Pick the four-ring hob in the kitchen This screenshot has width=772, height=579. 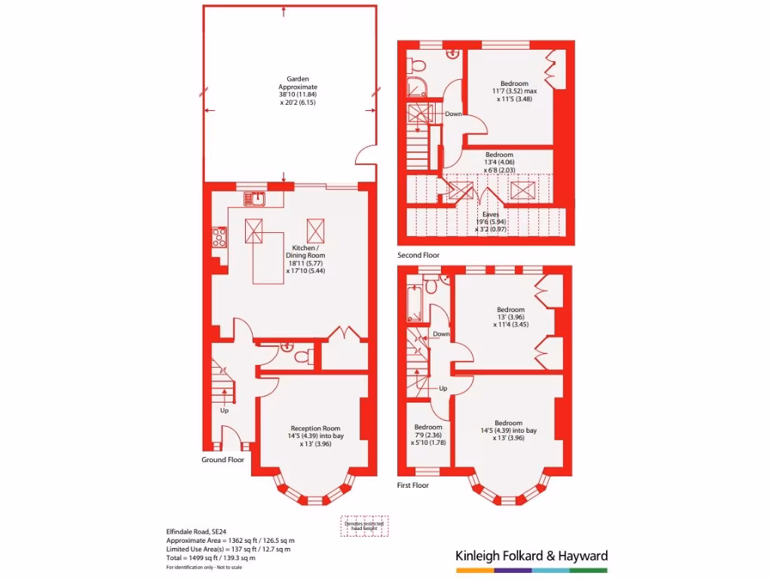click(219, 237)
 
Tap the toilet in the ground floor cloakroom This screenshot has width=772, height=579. click(302, 356)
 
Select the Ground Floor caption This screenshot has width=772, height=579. click(222, 459)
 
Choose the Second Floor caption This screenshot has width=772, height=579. click(418, 256)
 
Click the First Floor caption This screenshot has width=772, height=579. click(412, 485)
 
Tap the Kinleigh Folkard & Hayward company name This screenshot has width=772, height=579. click(531, 556)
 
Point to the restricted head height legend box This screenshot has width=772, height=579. click(364, 525)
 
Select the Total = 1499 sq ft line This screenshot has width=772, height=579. click(210, 558)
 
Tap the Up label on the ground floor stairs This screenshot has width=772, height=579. click(224, 411)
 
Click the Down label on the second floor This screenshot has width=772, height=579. click(453, 114)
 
